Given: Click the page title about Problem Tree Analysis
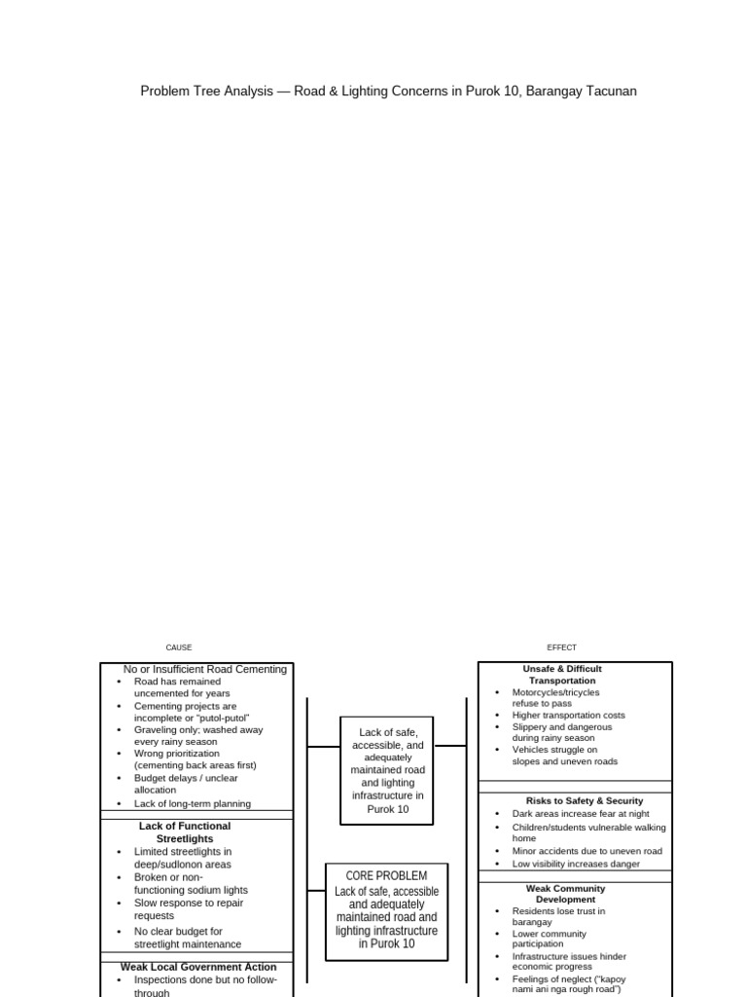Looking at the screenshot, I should pyautogui.click(x=388, y=92).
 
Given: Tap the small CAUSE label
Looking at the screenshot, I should pyautogui.click(x=179, y=647).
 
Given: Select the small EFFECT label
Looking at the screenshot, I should pyautogui.click(x=561, y=647).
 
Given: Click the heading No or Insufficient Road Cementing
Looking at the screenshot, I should pyautogui.click(x=205, y=670).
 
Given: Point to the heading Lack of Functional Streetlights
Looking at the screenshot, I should pyautogui.click(x=185, y=832).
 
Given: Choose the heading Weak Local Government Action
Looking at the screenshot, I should pyautogui.click(x=198, y=967).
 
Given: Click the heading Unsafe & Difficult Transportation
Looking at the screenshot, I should pyautogui.click(x=562, y=675).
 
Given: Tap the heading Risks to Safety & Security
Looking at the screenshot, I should pyautogui.click(x=571, y=800).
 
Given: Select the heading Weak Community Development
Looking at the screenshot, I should pyautogui.click(x=565, y=894).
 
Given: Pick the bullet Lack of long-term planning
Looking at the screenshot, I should pyautogui.click(x=192, y=804).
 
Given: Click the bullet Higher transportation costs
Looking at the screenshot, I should pyautogui.click(x=568, y=715).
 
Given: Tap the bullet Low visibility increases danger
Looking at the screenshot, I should pyautogui.click(x=576, y=864).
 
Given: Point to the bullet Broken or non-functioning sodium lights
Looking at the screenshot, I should pyautogui.click(x=191, y=883).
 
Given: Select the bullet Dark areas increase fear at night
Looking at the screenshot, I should pyautogui.click(x=581, y=814).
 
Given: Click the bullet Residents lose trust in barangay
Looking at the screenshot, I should pyautogui.click(x=558, y=916).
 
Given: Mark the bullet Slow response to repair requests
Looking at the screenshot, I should pyautogui.click(x=189, y=909).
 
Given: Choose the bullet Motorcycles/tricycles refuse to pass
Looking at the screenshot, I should pyautogui.click(x=555, y=697).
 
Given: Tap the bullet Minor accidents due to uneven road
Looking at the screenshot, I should pyautogui.click(x=587, y=851).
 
